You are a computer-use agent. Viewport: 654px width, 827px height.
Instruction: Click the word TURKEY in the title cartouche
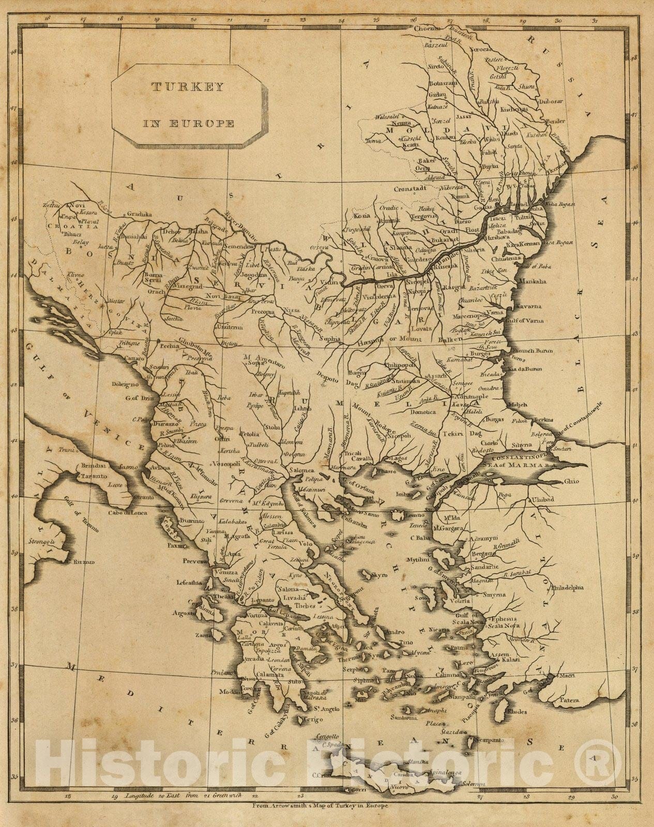click(187, 86)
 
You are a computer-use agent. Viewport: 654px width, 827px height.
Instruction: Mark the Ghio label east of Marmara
click(571, 481)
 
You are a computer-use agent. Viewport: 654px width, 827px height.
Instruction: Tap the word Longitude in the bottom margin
click(139, 796)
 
